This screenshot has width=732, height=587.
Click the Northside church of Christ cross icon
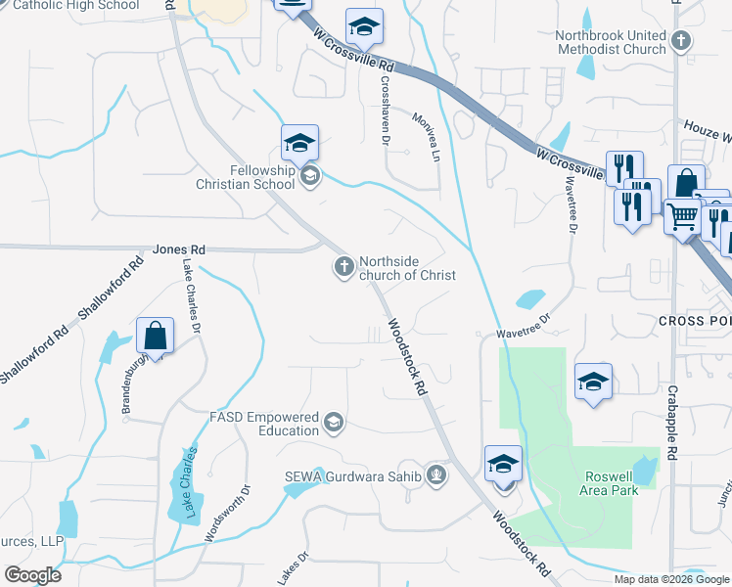tap(343, 266)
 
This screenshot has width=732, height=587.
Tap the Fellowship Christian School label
tap(261, 177)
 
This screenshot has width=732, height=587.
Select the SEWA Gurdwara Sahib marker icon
tap(436, 476)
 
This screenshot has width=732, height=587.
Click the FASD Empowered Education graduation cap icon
tap(334, 423)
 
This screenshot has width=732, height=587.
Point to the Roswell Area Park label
tap(612, 482)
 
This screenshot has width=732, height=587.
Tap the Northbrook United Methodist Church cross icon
tap(681, 42)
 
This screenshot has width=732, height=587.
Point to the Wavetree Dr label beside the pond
tap(525, 326)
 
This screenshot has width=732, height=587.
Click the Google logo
tap(32, 575)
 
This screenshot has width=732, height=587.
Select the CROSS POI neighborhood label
tap(694, 321)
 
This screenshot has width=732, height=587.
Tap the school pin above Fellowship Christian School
tap(299, 143)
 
